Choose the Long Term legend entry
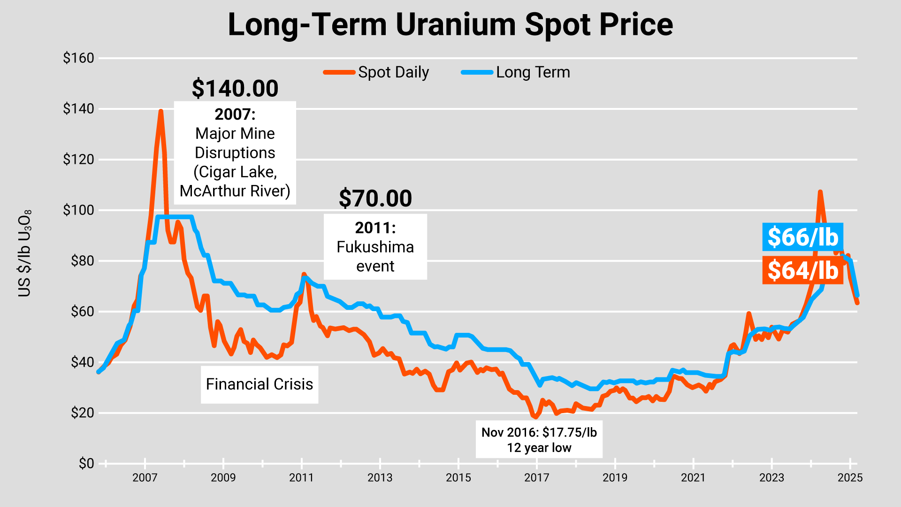pyautogui.click(x=516, y=72)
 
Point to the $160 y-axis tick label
pyautogui.click(x=79, y=58)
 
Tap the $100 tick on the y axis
pyautogui.click(x=79, y=210)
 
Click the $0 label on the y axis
pyautogui.click(x=86, y=463)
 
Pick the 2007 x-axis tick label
pyautogui.click(x=145, y=478)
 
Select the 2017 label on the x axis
pyautogui.click(x=536, y=478)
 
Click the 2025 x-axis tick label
pyautogui.click(x=850, y=478)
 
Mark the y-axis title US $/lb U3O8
pyautogui.click(x=24, y=253)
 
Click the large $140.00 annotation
pyautogui.click(x=235, y=88)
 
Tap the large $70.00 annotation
pyautogui.click(x=375, y=198)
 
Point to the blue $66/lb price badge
pyautogui.click(x=802, y=237)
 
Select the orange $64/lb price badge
pyautogui.click(x=802, y=270)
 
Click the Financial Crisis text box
pyautogui.click(x=260, y=384)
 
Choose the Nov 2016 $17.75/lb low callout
pyautogui.click(x=539, y=440)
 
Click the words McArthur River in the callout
pyautogui.click(x=235, y=191)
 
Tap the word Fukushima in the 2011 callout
pyautogui.click(x=375, y=247)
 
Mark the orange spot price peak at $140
pyautogui.click(x=160, y=112)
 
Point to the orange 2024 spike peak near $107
pyautogui.click(x=820, y=192)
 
